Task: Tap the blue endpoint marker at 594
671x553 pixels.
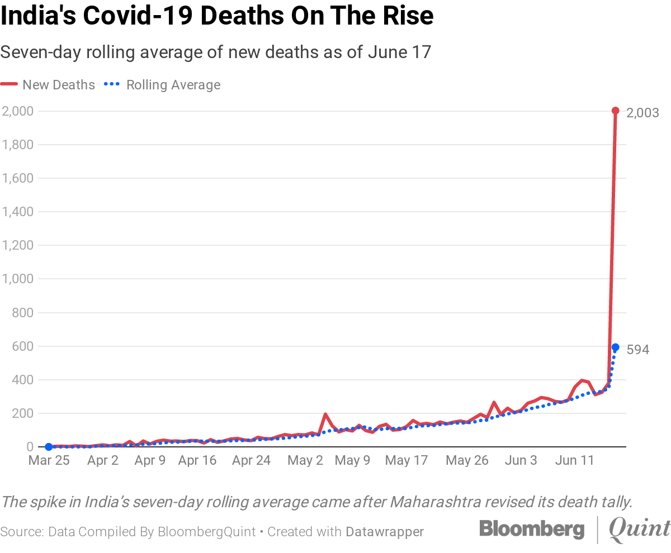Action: coord(615,347)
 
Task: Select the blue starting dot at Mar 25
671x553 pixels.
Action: coord(49,447)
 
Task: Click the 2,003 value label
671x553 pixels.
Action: coord(643,113)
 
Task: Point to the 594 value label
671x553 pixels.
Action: coord(638,350)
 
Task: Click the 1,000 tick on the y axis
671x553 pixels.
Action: coord(18,279)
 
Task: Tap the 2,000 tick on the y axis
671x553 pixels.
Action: coord(18,111)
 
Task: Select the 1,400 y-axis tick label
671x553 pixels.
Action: coord(18,212)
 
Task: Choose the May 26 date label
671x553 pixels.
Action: coord(468,461)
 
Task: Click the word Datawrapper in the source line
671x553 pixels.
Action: coord(385,532)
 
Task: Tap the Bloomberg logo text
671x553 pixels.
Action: coord(531,530)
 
